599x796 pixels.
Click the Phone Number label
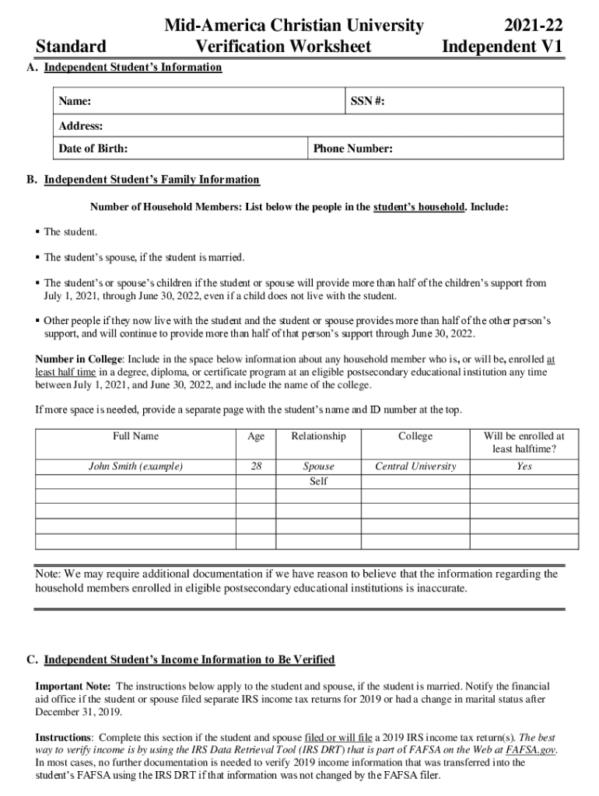point(352,149)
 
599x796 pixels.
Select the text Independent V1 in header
point(501,47)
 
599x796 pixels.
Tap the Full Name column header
point(135,436)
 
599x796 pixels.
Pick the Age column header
point(256,436)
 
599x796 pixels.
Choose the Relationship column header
point(318,436)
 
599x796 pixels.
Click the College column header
point(415,436)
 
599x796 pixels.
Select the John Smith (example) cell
point(135,466)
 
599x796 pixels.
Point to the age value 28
point(256,466)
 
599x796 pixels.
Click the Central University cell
point(415,466)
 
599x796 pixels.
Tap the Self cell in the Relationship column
point(318,481)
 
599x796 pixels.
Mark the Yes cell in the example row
point(524,466)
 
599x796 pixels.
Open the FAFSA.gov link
point(531,749)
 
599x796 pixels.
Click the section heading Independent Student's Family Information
point(152,180)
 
